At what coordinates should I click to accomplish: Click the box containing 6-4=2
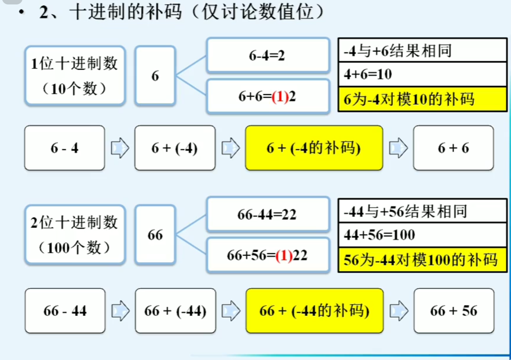[x=268, y=55]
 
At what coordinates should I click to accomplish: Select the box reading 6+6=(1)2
[x=268, y=97]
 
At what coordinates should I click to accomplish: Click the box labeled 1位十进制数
[x=75, y=76]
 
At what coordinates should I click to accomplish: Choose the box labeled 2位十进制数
[x=75, y=235]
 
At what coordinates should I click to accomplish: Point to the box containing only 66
[x=155, y=235]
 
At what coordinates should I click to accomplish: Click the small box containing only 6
[x=155, y=76]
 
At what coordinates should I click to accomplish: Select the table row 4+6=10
[x=422, y=74]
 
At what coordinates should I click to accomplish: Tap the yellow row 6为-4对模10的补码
[x=422, y=99]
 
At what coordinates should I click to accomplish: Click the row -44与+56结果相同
[x=422, y=211]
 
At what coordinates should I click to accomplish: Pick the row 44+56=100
[x=422, y=235]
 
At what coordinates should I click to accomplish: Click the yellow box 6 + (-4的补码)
[x=314, y=148]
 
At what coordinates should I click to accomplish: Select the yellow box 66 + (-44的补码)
[x=314, y=311]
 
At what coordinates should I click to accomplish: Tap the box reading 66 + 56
[x=454, y=311]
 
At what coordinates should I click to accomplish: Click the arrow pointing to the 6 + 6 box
[x=398, y=148]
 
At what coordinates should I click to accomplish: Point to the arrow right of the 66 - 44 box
[x=120, y=311]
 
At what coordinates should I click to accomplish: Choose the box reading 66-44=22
[x=268, y=214]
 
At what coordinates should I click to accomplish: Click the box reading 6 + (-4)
[x=175, y=148]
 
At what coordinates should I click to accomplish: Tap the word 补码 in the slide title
[x=163, y=12]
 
